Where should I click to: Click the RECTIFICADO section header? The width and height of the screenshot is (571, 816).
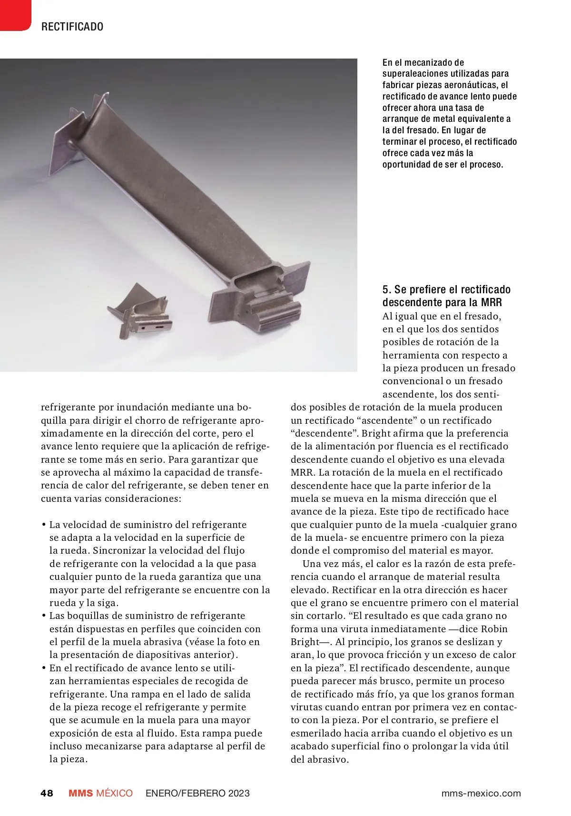click(72, 27)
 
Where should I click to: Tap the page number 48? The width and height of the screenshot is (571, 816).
click(47, 793)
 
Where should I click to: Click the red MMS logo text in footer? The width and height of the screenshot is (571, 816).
click(80, 793)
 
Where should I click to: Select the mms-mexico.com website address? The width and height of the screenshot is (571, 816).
click(481, 793)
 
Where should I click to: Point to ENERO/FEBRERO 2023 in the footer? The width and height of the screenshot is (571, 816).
click(197, 793)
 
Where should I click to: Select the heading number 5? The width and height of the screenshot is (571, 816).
click(386, 289)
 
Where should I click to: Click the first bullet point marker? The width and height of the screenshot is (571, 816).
click(44, 525)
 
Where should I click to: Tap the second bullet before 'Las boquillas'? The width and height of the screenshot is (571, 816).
click(44, 616)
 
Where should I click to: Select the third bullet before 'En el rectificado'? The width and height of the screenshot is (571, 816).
click(44, 668)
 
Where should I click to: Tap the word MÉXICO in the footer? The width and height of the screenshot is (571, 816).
click(114, 793)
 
